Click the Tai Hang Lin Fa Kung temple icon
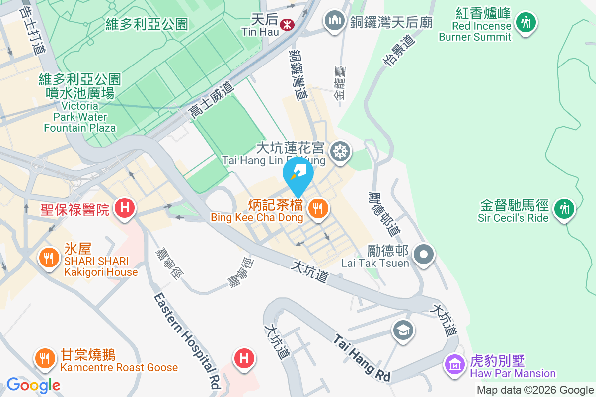click(x=341, y=150)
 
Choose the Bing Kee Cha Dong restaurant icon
click(x=317, y=208)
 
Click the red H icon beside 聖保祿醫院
click(x=124, y=207)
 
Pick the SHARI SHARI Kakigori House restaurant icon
click(x=48, y=257)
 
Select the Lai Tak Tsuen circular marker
click(x=424, y=255)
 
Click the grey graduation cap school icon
click(x=403, y=330)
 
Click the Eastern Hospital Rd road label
click(x=187, y=339)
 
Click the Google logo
click(x=33, y=385)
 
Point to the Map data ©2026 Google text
click(x=535, y=390)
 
